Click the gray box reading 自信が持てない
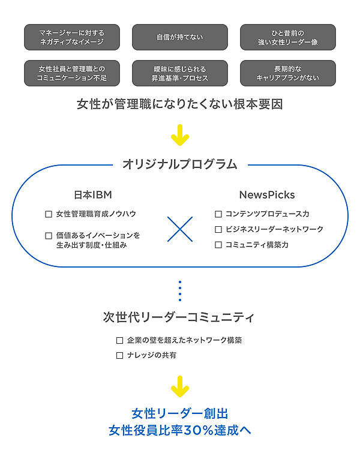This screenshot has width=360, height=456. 179,37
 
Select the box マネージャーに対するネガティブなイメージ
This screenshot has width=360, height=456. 71,37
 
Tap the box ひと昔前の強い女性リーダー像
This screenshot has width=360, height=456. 287,37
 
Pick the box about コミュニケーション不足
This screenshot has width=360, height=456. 71,73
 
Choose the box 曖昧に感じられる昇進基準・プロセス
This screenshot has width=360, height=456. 179,73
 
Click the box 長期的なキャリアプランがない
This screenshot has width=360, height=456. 287,73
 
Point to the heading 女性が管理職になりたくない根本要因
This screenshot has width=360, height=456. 179,104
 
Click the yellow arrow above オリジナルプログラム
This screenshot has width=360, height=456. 179,135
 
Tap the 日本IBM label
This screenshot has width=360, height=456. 93,195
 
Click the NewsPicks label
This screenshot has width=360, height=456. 266,195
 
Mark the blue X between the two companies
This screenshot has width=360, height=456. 180,229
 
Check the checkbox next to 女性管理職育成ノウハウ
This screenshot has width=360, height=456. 49,214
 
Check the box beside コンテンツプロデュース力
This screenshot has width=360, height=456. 218,214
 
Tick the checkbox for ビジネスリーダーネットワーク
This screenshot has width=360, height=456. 218,229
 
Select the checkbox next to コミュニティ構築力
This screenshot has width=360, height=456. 218,245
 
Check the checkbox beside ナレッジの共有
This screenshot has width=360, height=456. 120,356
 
